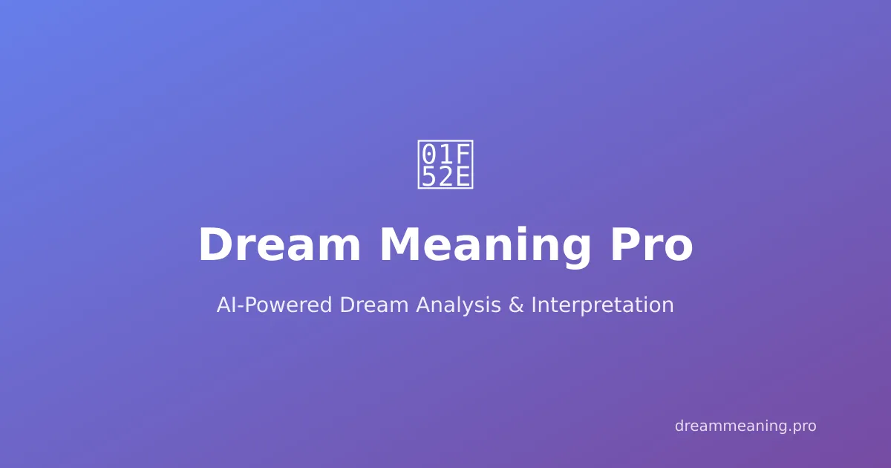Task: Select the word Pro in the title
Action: point(652,245)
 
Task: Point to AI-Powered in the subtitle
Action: point(274,305)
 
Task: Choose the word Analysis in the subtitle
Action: point(458,305)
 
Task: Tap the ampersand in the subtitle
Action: point(516,305)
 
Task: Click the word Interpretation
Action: point(602,305)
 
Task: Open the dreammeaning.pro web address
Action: point(745,426)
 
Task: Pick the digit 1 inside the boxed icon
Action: point(446,154)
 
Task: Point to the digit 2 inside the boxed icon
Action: point(446,176)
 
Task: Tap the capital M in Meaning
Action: point(401,245)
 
